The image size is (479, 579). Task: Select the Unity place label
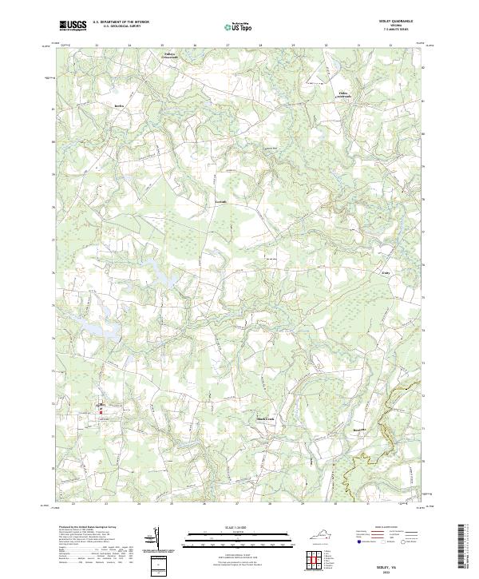(383, 272)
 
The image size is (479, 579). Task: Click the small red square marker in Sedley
(100, 411)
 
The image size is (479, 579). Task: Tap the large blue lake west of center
(160, 276)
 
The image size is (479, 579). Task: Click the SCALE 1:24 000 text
(239, 525)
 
